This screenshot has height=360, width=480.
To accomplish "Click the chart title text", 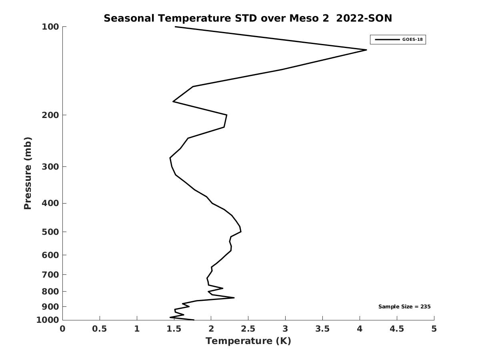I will tap(248, 18).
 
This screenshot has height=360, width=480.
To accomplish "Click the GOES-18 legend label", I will tap(412, 40).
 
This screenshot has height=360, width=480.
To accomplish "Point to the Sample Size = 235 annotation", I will tap(404, 307).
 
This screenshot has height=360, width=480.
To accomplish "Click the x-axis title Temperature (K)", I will tap(248, 341).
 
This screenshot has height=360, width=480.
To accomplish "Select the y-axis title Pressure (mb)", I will tap(28, 173).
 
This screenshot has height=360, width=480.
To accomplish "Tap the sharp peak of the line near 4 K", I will tap(366, 50).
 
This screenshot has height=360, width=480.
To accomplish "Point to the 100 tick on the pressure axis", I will tap(51, 27).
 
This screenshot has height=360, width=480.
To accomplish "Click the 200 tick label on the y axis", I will tap(51, 115).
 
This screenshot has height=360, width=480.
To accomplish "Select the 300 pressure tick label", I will tap(51, 166).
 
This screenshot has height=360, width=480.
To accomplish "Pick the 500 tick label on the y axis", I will tap(51, 232).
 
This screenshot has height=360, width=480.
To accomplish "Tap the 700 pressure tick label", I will tap(51, 275).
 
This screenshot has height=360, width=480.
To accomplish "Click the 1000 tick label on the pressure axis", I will tap(49, 320).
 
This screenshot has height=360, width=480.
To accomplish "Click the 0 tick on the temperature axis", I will tap(63, 329).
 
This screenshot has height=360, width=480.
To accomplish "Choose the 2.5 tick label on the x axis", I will tap(248, 329).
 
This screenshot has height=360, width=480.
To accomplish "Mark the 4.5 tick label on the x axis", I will tap(397, 329).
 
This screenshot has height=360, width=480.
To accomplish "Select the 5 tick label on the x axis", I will tap(434, 329).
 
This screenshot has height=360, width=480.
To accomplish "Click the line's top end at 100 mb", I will tap(175, 27).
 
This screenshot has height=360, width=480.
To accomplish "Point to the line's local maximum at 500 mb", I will tap(241, 232).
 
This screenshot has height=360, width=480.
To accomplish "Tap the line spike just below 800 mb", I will tap(234, 298).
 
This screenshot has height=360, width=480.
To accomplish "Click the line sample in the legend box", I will tap(387, 40).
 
